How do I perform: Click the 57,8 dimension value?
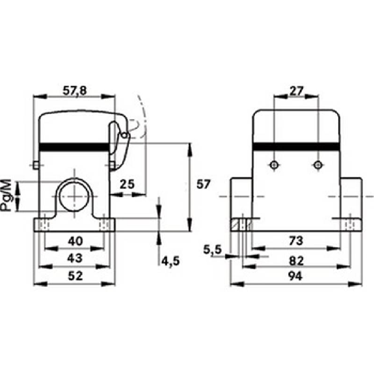tap(74, 91)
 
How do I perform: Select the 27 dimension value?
tap(296, 91)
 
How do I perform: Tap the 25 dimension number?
tap(127, 184)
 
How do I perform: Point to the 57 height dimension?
tap(203, 184)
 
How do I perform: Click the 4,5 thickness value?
tap(170, 261)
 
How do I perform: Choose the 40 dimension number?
tap(75, 241)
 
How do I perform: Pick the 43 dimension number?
tap(75, 258)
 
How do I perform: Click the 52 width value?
tap(75, 276)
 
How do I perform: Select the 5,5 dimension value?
tap(212, 250)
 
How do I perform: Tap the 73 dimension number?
tap(296, 241)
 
